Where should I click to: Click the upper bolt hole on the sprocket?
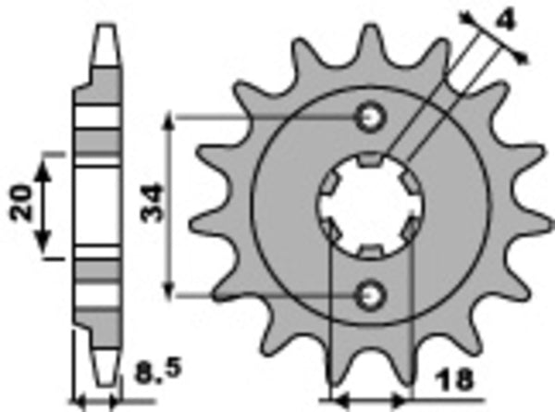click(372, 118)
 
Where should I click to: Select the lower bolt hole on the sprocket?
click(372, 294)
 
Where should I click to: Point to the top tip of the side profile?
click(107, 28)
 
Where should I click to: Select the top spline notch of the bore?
click(370, 163)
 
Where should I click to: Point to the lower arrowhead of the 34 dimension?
click(169, 288)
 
